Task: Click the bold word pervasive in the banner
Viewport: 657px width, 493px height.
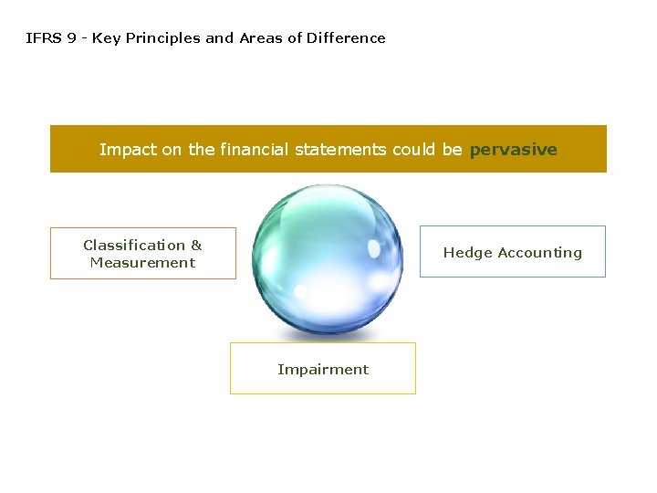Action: [513, 150]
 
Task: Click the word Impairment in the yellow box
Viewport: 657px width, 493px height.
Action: [323, 370]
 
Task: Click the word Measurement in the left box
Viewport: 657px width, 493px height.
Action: [142, 263]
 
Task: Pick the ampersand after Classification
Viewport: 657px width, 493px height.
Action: [196, 245]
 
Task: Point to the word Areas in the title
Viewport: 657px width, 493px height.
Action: [260, 38]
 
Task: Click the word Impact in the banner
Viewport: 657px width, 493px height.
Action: [128, 150]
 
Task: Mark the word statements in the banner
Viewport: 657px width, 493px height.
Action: [341, 150]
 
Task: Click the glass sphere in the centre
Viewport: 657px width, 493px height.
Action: [327, 259]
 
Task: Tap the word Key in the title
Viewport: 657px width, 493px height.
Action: [106, 38]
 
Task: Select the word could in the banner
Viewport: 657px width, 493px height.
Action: [414, 150]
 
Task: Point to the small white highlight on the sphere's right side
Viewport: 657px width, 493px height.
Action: [374, 248]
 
